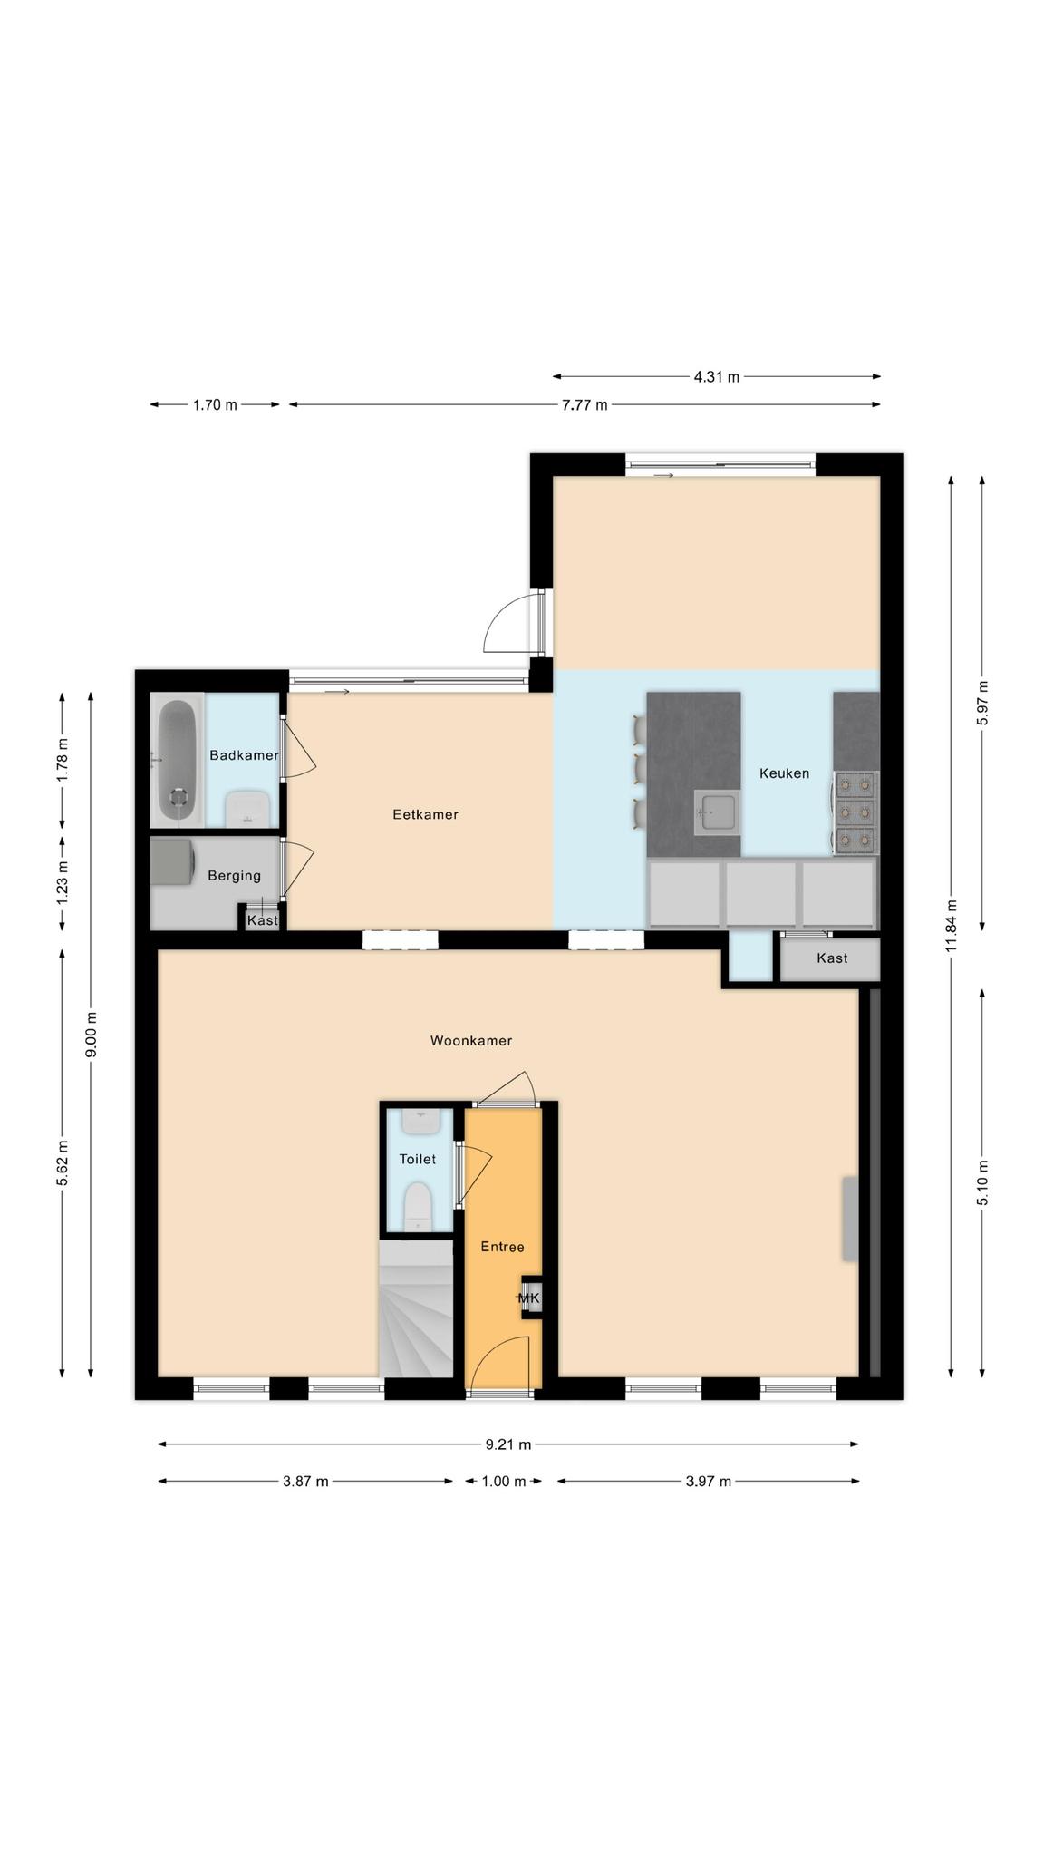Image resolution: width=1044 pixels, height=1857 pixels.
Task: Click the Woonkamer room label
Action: click(x=470, y=1041)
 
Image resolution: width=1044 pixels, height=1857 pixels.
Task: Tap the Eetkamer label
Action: click(x=425, y=814)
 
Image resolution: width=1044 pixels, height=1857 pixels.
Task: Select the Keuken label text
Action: click(x=784, y=773)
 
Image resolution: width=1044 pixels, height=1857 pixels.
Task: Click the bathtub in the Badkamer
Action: click(x=177, y=759)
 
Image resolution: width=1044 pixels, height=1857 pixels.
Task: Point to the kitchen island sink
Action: click(x=717, y=812)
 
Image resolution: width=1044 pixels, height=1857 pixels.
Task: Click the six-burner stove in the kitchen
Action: click(x=855, y=813)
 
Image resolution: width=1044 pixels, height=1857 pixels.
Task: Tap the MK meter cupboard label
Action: click(x=529, y=1298)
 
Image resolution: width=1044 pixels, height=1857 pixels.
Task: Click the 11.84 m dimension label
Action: click(x=950, y=927)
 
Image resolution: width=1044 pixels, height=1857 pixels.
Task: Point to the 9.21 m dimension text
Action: click(x=508, y=1444)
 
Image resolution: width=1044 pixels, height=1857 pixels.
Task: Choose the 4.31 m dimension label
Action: click(x=716, y=377)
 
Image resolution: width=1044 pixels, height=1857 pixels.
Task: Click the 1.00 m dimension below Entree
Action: click(x=504, y=1482)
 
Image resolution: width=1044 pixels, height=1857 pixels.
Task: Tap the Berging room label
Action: click(x=234, y=876)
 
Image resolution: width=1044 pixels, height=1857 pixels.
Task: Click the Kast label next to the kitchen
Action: click(x=832, y=958)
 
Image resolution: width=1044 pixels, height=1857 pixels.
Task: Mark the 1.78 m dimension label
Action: click(x=63, y=760)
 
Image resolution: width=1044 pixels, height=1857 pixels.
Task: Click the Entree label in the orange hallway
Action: click(x=502, y=1247)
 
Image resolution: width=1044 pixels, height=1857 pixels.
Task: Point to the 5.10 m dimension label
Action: click(x=982, y=1183)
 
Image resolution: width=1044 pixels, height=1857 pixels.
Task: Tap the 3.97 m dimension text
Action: click(x=708, y=1482)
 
